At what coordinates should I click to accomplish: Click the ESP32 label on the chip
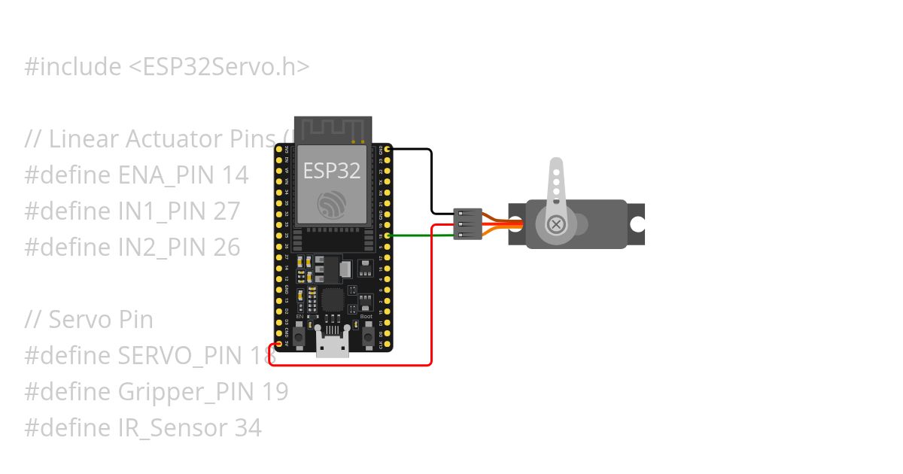(x=332, y=171)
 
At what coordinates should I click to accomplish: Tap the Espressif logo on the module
(x=332, y=205)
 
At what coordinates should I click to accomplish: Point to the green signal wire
(x=421, y=235)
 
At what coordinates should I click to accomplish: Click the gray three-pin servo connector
(x=467, y=224)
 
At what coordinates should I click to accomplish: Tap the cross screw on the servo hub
(x=556, y=224)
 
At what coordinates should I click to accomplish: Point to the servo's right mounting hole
(x=637, y=224)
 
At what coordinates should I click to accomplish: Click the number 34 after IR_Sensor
(x=248, y=428)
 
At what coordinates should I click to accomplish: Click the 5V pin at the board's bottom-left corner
(x=279, y=345)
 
